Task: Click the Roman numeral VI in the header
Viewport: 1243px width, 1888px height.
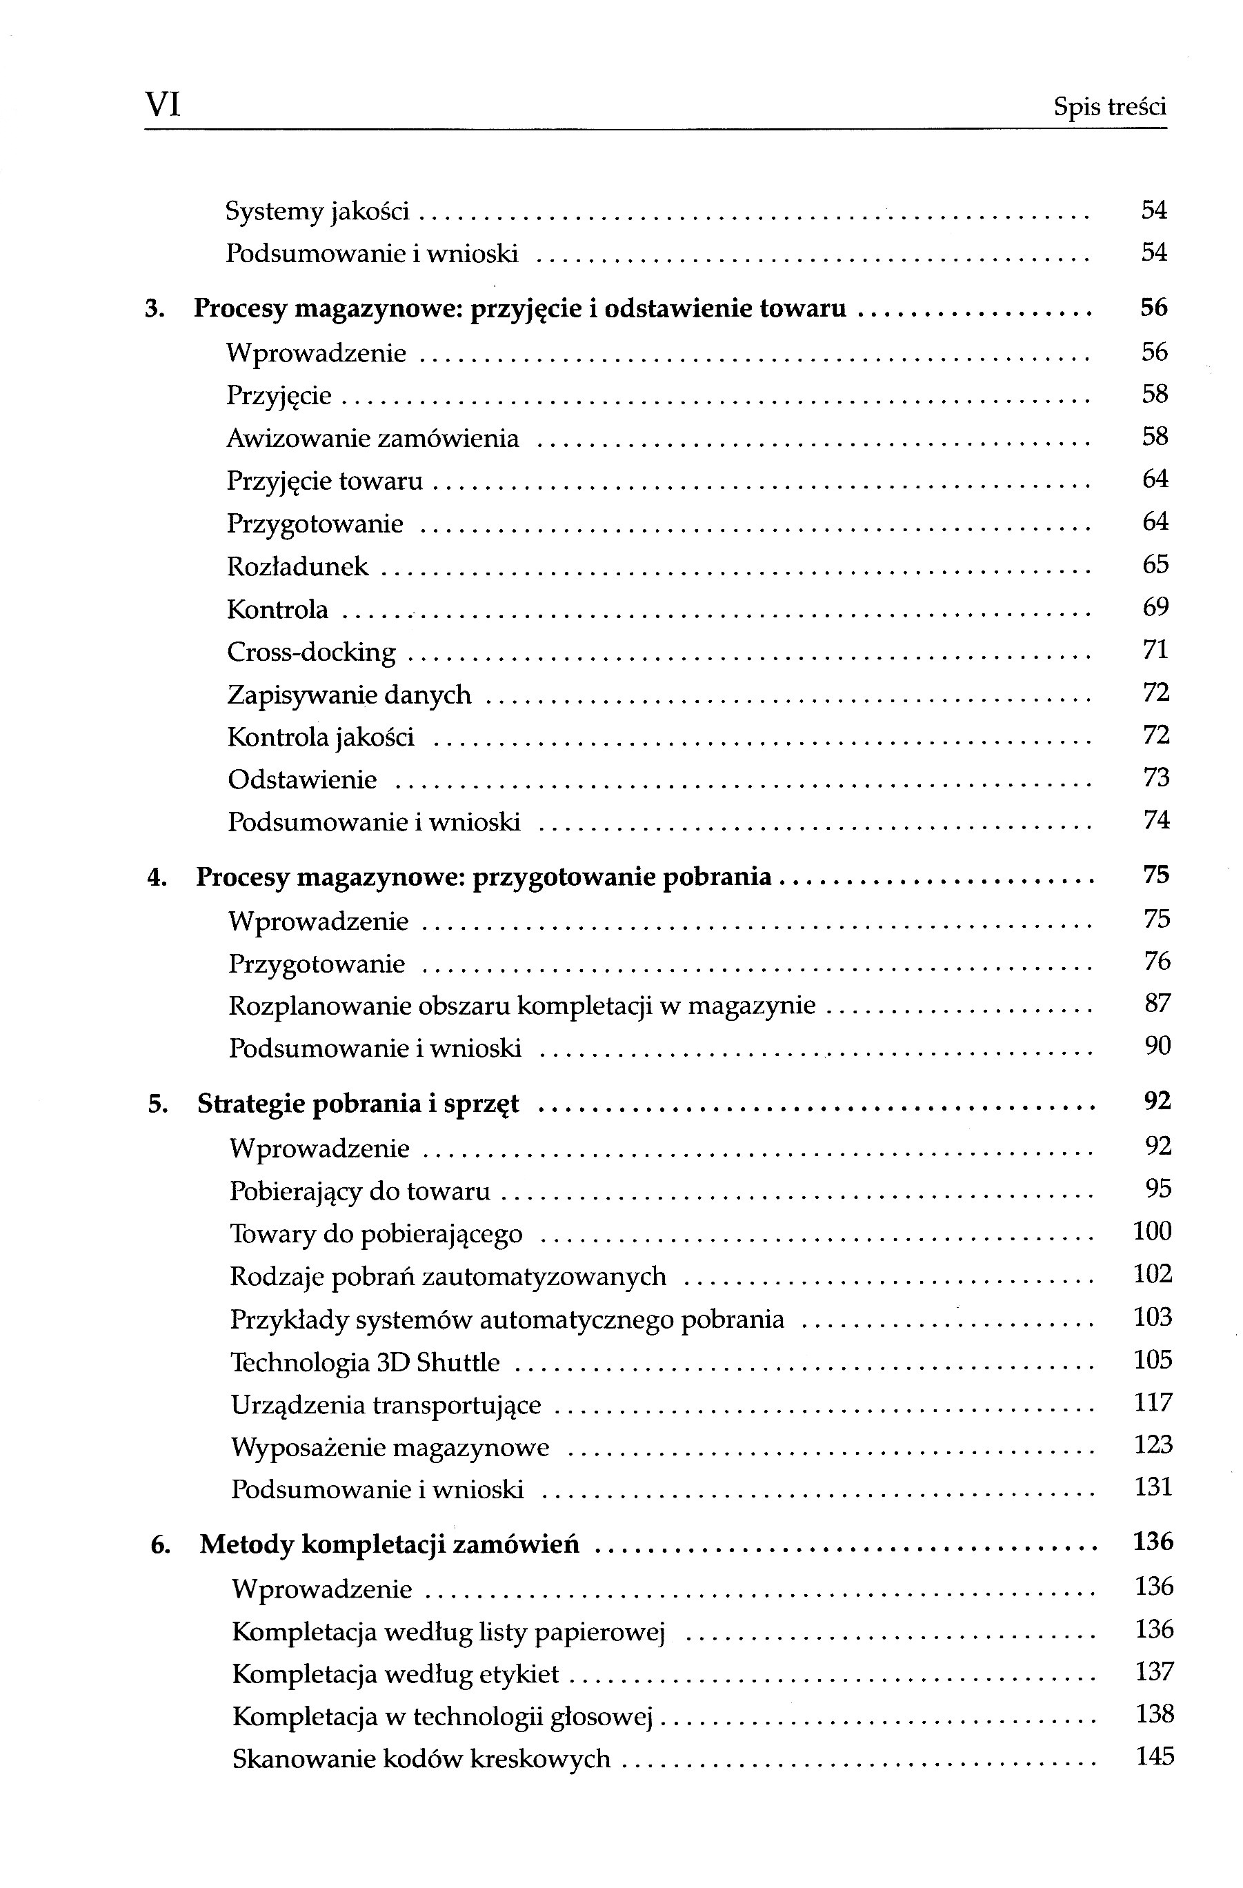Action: [x=163, y=105]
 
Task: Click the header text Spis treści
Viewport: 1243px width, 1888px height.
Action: [x=1109, y=106]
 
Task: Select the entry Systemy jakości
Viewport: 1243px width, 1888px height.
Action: [x=317, y=211]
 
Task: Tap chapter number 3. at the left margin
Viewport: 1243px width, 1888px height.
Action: [x=155, y=308]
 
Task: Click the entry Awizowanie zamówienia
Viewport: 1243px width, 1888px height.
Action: [x=372, y=438]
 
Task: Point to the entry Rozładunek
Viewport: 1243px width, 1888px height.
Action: [x=297, y=566]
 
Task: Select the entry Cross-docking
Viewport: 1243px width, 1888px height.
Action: [x=311, y=652]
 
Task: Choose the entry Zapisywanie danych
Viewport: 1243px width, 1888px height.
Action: [x=349, y=695]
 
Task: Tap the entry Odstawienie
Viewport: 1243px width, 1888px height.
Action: [x=302, y=779]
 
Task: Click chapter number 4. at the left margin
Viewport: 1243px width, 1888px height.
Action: [x=157, y=877]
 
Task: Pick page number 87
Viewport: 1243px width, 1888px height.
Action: [x=1157, y=1004]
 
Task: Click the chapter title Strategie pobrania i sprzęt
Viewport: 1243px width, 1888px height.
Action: [x=358, y=1104]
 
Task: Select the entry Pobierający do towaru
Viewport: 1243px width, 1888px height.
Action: [x=359, y=1191]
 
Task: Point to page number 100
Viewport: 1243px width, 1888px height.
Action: [x=1153, y=1231]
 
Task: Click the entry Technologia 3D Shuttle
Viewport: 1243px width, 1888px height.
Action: [x=365, y=1363]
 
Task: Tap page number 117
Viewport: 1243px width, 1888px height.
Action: [x=1153, y=1402]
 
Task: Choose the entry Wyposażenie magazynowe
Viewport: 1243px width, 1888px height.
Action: [x=390, y=1448]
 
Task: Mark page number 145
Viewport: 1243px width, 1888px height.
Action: [x=1155, y=1756]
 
